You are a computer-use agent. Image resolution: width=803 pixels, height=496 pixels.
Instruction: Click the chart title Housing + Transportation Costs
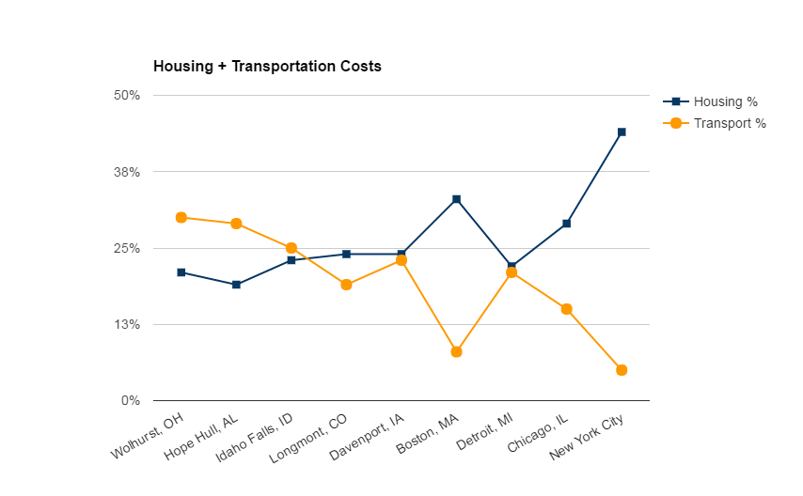click(x=267, y=67)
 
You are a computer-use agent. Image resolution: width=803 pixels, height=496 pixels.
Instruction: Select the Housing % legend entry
click(x=725, y=101)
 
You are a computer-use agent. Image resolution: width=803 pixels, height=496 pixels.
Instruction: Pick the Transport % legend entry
click(x=730, y=123)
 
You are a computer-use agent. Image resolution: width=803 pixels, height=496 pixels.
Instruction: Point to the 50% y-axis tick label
click(x=127, y=96)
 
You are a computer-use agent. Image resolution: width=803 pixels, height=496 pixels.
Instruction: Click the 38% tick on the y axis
click(x=127, y=172)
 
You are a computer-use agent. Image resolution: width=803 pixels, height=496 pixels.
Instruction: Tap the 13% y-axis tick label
click(x=127, y=325)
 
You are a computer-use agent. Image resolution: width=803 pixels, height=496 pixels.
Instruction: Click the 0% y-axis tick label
click(x=131, y=401)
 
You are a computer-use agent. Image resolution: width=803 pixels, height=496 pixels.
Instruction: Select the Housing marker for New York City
click(x=622, y=132)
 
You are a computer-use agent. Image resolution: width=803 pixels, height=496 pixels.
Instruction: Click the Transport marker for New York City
click(x=622, y=370)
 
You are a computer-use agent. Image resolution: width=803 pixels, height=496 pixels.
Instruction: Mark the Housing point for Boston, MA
click(x=456, y=199)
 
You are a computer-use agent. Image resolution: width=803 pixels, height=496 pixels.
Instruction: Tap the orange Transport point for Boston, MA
click(x=456, y=352)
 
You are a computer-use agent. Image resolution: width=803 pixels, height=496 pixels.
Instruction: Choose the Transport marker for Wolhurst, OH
click(x=181, y=217)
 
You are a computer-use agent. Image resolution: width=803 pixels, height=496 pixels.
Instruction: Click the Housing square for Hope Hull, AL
click(x=236, y=285)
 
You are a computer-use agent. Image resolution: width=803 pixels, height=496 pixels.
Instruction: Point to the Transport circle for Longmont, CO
click(x=346, y=285)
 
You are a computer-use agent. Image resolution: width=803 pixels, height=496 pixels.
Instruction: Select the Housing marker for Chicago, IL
click(x=566, y=224)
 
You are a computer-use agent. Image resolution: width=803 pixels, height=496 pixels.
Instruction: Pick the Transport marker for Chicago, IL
click(x=566, y=309)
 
